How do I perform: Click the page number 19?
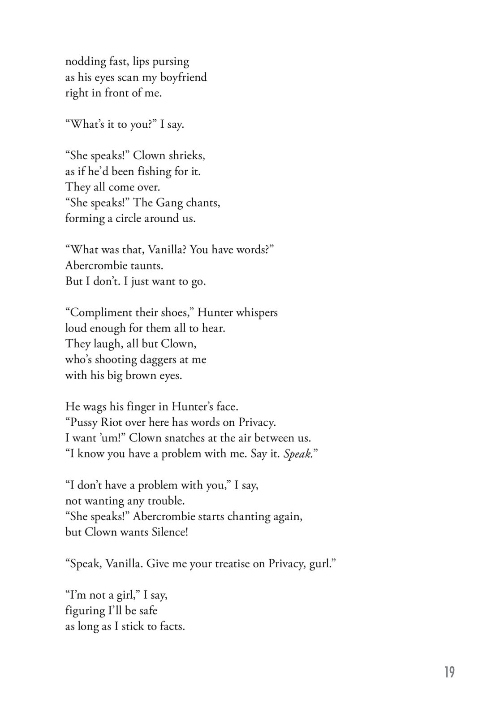click(449, 672)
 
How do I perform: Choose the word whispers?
click(257, 312)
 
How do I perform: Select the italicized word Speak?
click(297, 454)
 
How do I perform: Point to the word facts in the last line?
click(172, 626)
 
